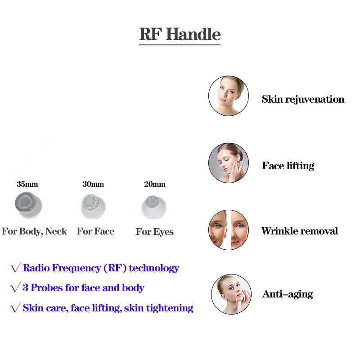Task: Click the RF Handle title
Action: [180, 34]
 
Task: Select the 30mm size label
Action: [93, 184]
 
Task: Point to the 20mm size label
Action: [154, 184]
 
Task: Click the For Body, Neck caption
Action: [34, 231]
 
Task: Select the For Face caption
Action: [95, 231]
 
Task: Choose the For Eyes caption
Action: [154, 232]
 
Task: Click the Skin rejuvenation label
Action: [303, 99]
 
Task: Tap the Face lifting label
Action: [288, 166]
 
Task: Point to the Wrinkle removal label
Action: [299, 231]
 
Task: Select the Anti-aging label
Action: [287, 295]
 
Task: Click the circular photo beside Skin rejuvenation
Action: [229, 96]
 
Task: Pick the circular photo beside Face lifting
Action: [229, 163]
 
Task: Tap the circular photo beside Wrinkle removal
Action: [229, 229]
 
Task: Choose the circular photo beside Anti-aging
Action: [231, 294]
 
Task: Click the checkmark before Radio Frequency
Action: [15, 269]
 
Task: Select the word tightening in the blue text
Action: [171, 308]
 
